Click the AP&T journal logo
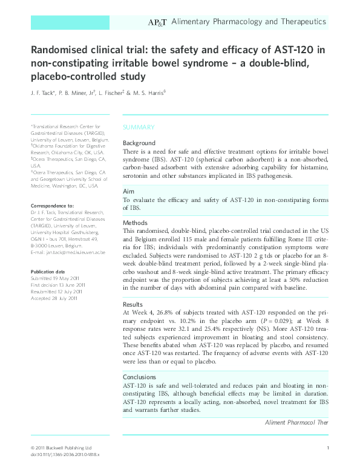click(157, 22)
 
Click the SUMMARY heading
click(139, 128)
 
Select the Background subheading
click(139, 143)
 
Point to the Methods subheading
click(136, 223)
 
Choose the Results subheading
click(133, 304)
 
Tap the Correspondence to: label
click(52, 206)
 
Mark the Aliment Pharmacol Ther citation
click(296, 422)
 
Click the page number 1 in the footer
click(327, 447)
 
